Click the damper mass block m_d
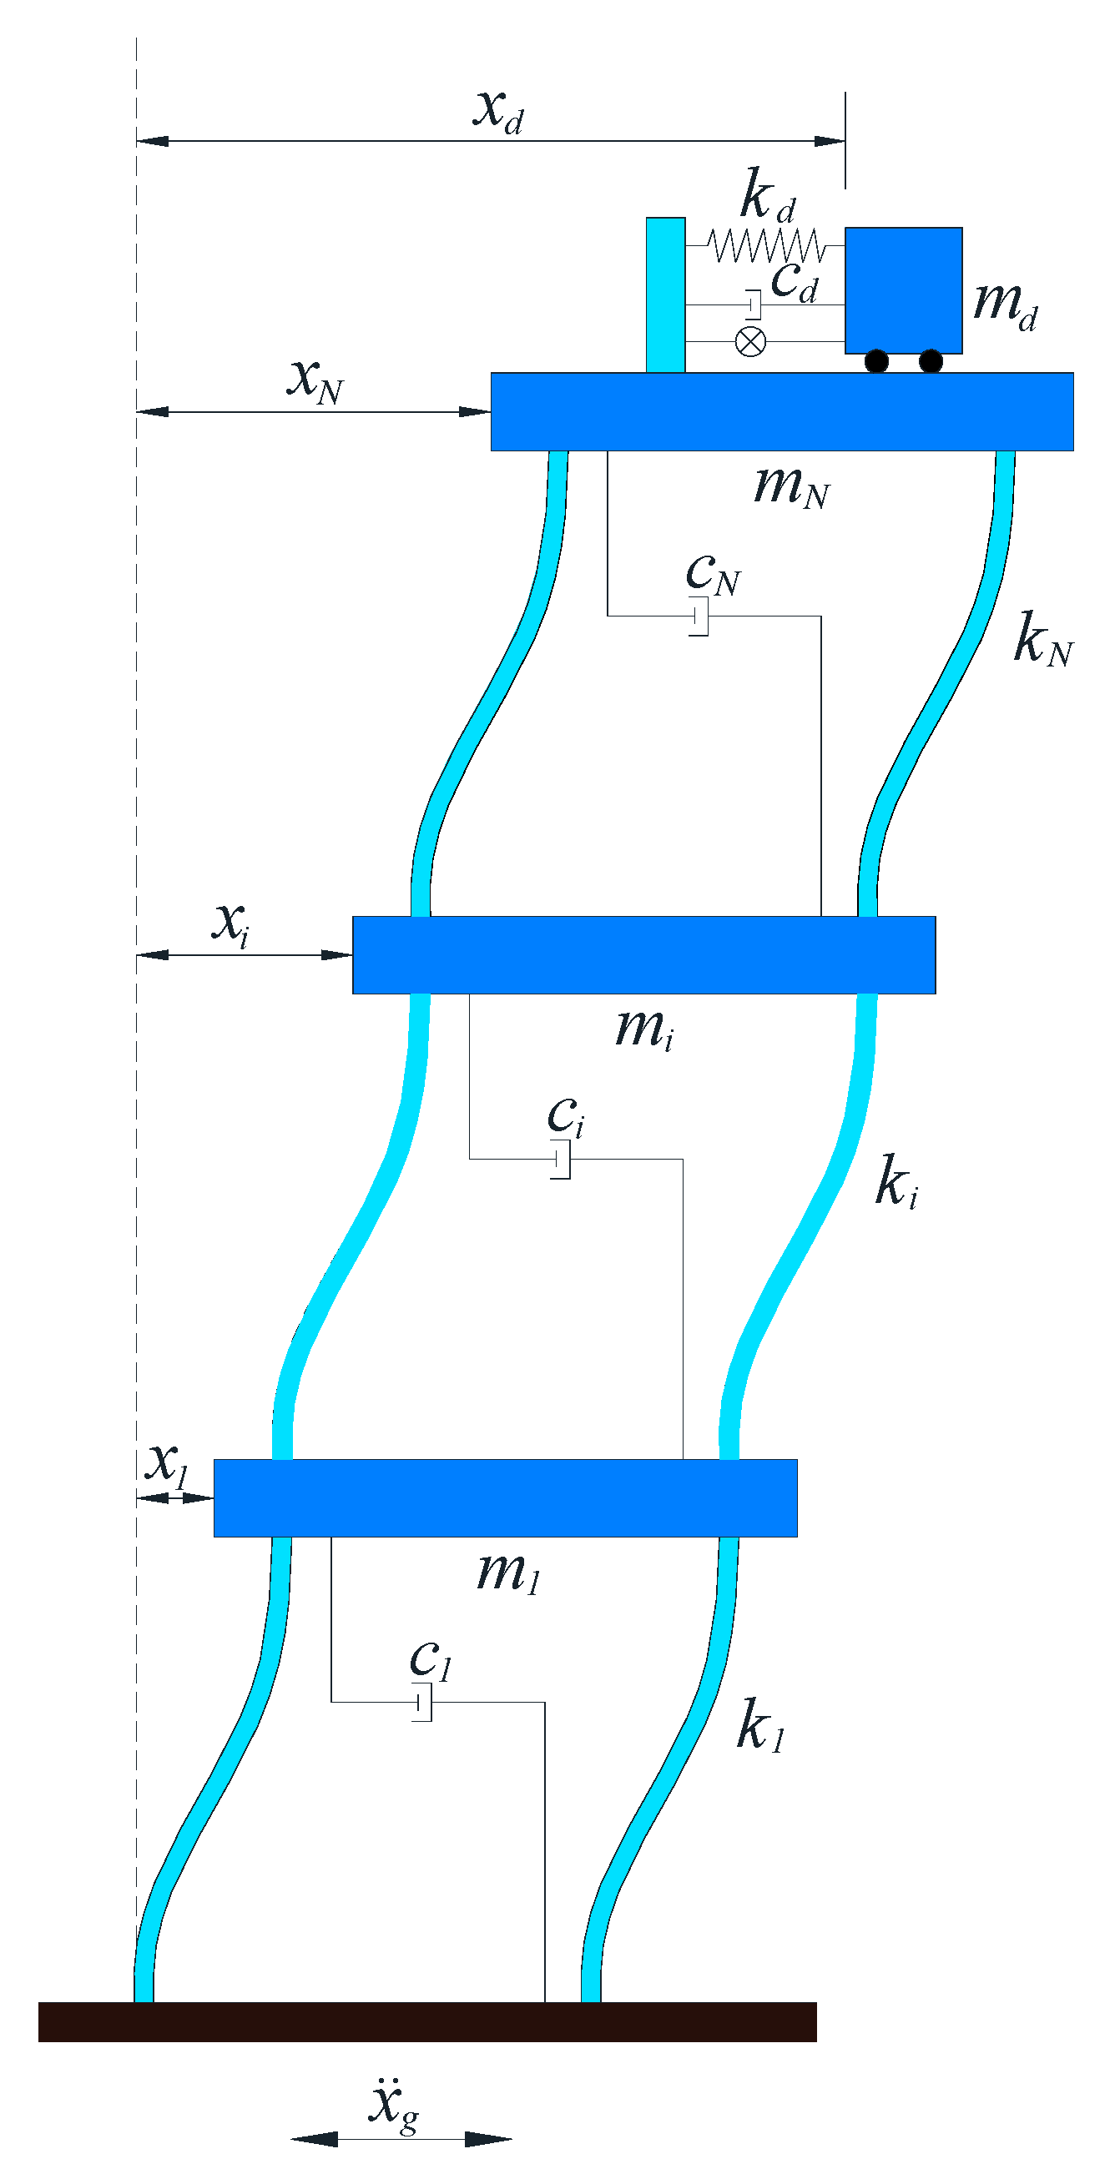903,289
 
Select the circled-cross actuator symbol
750,341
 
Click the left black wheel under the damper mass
876,361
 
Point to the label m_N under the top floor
792,486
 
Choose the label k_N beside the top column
1042,640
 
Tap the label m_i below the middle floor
644,1029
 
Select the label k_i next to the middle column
896,1183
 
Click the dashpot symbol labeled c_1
423,1702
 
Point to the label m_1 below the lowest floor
507,1572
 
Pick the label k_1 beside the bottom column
760,1725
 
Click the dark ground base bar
427,2021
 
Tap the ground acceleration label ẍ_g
392,2104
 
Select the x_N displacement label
315,380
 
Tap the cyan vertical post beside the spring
665,294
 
